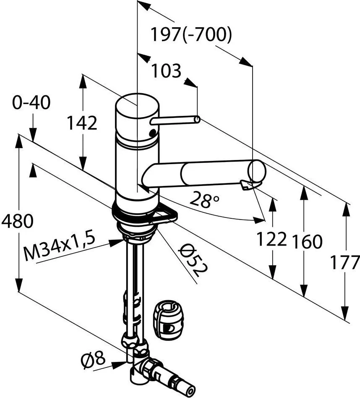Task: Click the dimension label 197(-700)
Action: tap(191, 36)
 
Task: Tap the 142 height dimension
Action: tap(82, 123)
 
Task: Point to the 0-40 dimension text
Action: tap(31, 102)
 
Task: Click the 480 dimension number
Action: tap(17, 221)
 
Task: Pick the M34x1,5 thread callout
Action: tap(59, 248)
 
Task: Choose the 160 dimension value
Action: tap(307, 241)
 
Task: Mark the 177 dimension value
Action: tap(344, 263)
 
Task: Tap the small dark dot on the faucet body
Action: tap(152, 134)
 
